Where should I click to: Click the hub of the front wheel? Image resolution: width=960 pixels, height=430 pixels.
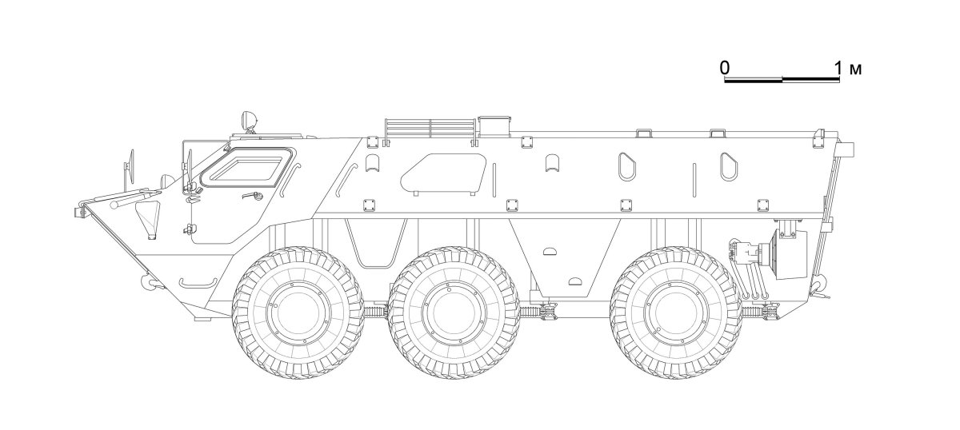click(298, 313)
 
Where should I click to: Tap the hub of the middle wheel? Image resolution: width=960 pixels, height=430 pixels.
click(454, 313)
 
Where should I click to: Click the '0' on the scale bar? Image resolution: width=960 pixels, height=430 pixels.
click(725, 68)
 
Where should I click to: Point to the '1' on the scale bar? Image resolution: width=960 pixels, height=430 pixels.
click(838, 68)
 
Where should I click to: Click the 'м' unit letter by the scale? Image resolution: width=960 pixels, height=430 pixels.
click(855, 69)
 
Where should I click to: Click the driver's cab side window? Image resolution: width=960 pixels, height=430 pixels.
click(248, 168)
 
